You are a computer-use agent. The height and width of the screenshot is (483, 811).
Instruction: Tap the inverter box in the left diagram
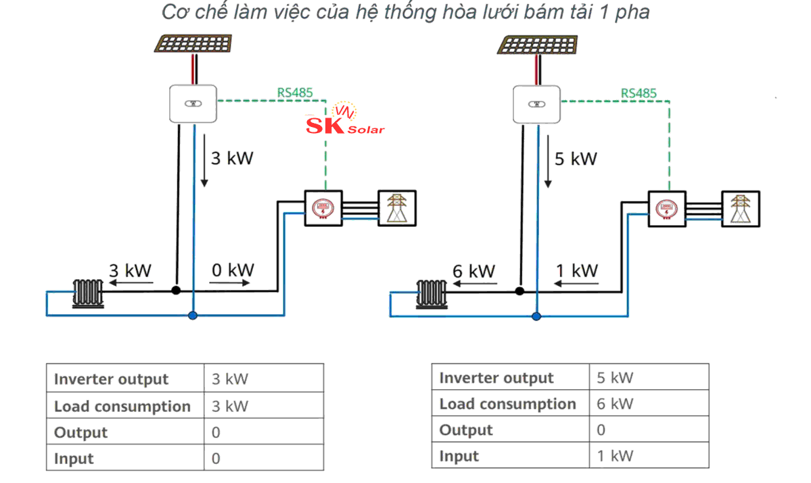tap(192, 103)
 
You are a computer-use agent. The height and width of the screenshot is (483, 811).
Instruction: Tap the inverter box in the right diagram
tap(537, 104)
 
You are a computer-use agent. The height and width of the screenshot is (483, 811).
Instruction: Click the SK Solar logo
tap(345, 122)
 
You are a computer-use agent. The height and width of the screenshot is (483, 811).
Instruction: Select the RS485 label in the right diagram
tap(639, 93)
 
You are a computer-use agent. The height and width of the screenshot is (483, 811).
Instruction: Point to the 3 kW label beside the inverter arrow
tap(232, 159)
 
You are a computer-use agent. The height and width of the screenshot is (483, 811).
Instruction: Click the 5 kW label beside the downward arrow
tap(576, 159)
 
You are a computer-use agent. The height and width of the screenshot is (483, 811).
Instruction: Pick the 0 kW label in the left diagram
tap(232, 270)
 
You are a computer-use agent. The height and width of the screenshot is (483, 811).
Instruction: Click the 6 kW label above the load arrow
tap(473, 271)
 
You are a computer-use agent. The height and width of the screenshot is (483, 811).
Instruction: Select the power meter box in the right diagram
tap(668, 208)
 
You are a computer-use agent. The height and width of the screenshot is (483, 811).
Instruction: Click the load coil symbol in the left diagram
tap(89, 294)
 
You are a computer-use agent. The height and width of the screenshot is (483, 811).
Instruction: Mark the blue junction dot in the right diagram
tap(537, 315)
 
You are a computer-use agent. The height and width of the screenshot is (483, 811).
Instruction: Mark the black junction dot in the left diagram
tap(176, 290)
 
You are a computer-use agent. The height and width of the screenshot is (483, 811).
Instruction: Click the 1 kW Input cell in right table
tap(615, 455)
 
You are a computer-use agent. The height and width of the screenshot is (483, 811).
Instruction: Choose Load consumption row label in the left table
tap(122, 406)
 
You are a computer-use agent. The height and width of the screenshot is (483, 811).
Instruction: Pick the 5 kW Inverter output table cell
tap(615, 377)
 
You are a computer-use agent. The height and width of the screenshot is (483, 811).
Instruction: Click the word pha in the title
tap(632, 12)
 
